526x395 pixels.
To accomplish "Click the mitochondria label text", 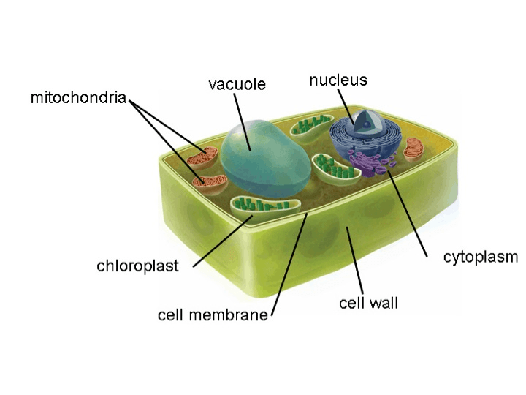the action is point(78,97).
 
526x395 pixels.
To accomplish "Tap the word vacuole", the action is point(237,83).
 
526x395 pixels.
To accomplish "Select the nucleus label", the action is point(338,80).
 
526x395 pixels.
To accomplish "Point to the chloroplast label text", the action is point(137,266).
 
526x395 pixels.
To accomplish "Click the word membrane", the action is point(229,315).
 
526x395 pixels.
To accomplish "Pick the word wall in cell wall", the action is point(383,303).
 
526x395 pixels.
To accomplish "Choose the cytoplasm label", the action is point(481,257).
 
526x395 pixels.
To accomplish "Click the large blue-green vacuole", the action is point(266,159).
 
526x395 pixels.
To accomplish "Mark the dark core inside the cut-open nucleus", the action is point(367,124).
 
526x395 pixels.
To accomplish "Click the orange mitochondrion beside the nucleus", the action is point(413,149).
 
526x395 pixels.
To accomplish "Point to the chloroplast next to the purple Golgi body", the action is point(336,170).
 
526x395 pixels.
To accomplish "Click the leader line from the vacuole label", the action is point(243,122).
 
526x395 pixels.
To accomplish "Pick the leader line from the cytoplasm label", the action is point(408,214).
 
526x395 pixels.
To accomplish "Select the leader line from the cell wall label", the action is point(354,260).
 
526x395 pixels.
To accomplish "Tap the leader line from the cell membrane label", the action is point(289,264).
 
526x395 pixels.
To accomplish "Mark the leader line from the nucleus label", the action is point(346,107).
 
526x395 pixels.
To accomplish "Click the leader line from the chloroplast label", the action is point(223,241).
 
